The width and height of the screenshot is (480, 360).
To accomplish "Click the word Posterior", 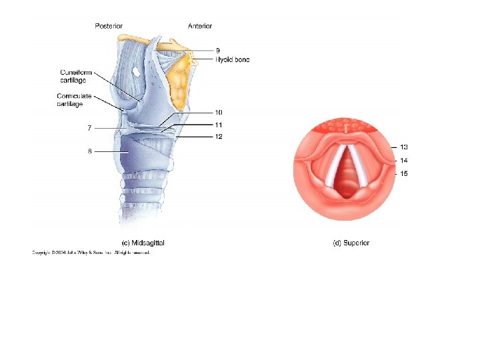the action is click(109, 26).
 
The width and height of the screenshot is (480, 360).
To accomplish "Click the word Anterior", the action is click(200, 26).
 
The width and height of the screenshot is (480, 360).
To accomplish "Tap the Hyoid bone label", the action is click(232, 59).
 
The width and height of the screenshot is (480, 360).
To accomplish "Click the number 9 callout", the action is click(218, 50).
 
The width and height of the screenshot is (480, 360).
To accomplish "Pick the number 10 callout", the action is click(219, 113).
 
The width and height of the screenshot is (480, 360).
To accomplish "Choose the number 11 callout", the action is click(219, 125).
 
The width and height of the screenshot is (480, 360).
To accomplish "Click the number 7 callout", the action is click(89, 127).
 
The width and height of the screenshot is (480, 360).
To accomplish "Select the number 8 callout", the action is click(89, 151).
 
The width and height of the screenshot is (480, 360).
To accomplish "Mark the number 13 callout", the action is click(404, 147).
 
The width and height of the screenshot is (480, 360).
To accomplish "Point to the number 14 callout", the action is click(404, 160).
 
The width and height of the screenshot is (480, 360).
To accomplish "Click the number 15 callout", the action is click(404, 173).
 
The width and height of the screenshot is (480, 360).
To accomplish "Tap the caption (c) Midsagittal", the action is click(142, 243).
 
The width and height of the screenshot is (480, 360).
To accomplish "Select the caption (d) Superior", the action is click(351, 243).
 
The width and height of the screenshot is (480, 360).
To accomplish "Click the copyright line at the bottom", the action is click(92, 253).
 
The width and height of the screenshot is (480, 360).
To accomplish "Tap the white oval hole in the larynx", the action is click(135, 71).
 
